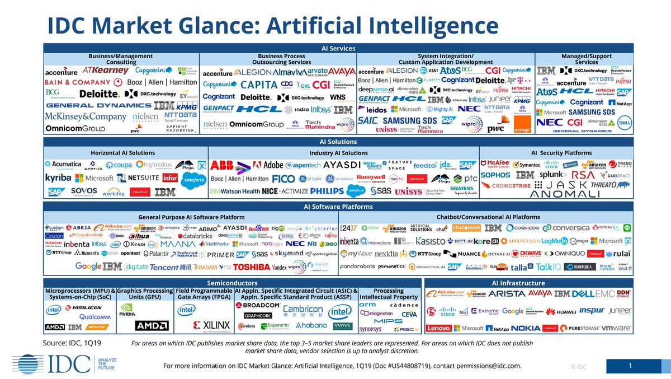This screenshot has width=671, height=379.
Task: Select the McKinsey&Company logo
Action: [x=86, y=116]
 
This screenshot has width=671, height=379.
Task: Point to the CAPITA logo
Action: [x=259, y=85]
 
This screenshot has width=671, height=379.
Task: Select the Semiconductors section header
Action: [x=232, y=283]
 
